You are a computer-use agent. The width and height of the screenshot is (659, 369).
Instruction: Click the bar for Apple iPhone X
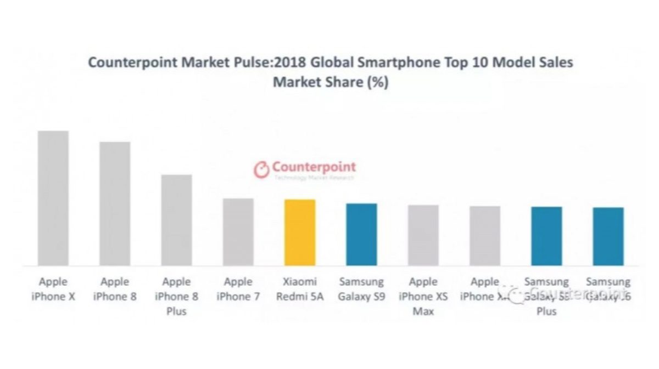[x=53, y=198]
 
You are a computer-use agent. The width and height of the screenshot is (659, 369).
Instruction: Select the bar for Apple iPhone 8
[x=115, y=203]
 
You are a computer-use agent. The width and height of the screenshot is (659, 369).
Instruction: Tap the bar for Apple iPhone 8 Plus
[x=176, y=220]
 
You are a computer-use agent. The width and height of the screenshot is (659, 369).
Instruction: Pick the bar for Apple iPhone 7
[x=238, y=232]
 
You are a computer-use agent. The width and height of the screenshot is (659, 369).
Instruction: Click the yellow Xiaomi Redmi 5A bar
[x=300, y=232]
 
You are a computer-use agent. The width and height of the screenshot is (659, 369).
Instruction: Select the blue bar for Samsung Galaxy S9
[x=361, y=234]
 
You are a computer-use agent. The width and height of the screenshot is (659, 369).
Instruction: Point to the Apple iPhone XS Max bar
[x=423, y=235]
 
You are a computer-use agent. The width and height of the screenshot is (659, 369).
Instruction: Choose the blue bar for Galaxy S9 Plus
[x=546, y=236]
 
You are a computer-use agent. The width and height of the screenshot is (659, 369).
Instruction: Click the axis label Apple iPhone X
[x=53, y=289]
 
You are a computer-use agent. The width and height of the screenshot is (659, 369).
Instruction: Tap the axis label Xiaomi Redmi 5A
[x=300, y=289]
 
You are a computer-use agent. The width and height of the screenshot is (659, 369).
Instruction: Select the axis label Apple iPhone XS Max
[x=423, y=296]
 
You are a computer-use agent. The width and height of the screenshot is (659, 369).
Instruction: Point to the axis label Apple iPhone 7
[x=238, y=289]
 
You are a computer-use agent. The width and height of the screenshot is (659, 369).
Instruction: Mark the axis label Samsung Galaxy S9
[x=361, y=289]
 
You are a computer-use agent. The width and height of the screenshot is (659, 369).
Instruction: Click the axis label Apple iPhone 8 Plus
[x=176, y=296]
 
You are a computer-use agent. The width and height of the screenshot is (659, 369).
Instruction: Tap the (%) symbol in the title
[x=377, y=82]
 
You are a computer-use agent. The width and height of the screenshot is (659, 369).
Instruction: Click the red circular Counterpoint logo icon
[x=262, y=169]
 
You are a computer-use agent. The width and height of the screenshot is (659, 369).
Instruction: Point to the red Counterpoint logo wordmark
[x=314, y=167]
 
